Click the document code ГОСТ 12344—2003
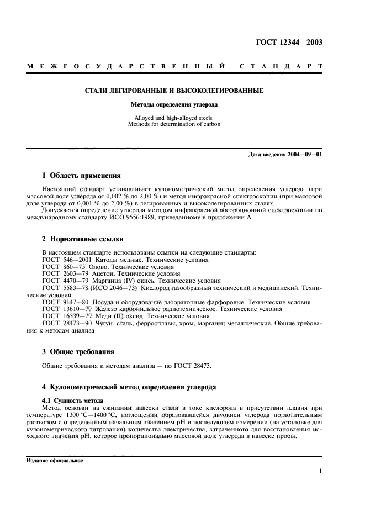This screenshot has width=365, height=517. click(290, 43)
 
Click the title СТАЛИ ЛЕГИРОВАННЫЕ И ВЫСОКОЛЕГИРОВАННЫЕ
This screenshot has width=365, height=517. click(173, 90)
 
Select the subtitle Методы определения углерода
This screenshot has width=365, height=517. click(173, 104)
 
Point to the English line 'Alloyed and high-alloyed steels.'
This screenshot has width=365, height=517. click(174, 118)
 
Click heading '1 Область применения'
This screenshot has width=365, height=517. click(81, 176)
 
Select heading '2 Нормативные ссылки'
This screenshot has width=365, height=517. click(83, 239)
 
